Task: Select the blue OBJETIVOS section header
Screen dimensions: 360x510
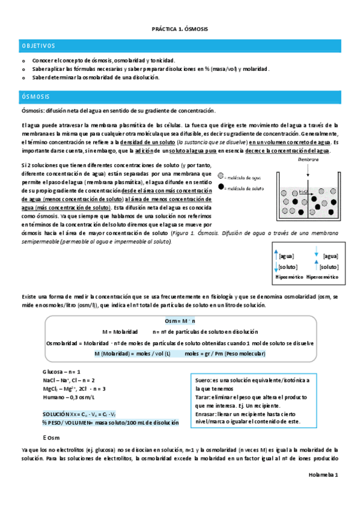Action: pyautogui.click(x=38, y=46)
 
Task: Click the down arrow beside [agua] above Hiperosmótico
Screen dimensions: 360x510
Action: pyautogui.click(x=316, y=255)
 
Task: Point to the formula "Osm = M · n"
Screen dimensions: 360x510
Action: pyautogui.click(x=179, y=321)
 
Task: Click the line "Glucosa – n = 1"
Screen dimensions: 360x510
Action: pyautogui.click(x=61, y=372)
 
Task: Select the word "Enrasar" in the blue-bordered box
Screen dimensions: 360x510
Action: pyautogui.click(x=207, y=414)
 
